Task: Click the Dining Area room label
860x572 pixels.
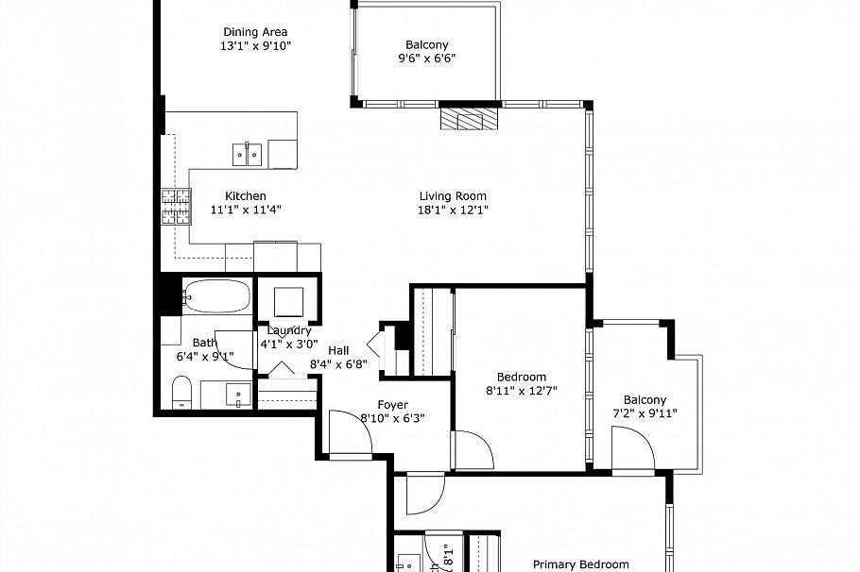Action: click(255, 31)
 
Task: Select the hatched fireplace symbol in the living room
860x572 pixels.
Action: click(468, 118)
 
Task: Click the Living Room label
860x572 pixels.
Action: click(454, 196)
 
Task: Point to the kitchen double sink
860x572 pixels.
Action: click(249, 152)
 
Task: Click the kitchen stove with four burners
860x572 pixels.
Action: click(175, 207)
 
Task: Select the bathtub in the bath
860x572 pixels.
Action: click(216, 297)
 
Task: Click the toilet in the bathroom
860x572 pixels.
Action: click(181, 392)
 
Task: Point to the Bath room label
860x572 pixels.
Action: click(204, 343)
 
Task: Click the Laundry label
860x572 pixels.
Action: click(289, 330)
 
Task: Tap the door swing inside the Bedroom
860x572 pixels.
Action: click(473, 448)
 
